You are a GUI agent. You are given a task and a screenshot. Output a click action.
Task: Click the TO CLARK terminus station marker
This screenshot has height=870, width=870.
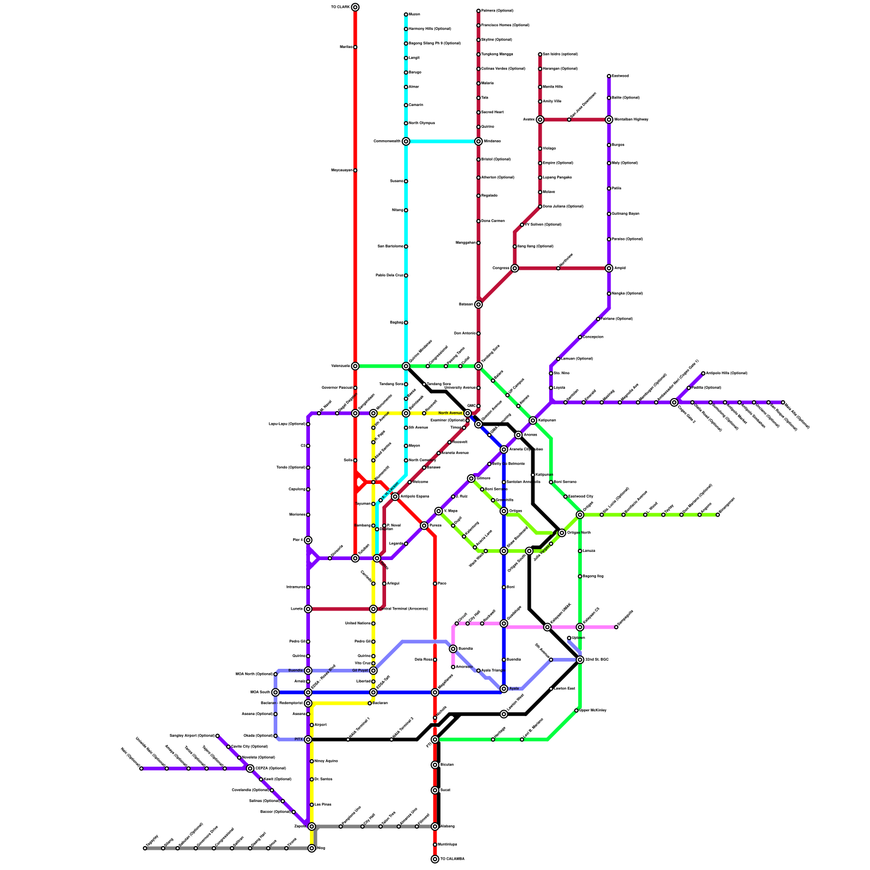pyautogui.click(x=355, y=7)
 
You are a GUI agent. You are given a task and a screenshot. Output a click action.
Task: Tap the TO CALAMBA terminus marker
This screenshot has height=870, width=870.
pyautogui.click(x=435, y=859)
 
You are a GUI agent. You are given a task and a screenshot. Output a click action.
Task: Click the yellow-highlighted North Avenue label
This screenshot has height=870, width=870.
pyautogui.click(x=450, y=413)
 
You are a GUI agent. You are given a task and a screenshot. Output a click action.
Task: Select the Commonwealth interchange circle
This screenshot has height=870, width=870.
pyautogui.click(x=406, y=141)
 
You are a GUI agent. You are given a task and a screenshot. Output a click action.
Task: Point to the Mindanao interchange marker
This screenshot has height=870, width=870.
pyautogui.click(x=478, y=141)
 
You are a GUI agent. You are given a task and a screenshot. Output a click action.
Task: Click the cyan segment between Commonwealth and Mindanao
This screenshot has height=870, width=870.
pyautogui.click(x=442, y=141)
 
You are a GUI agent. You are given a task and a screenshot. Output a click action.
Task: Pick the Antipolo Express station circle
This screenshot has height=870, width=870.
pyautogui.click(x=395, y=496)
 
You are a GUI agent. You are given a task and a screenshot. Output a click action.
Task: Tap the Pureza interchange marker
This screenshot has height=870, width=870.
pyautogui.click(x=424, y=526)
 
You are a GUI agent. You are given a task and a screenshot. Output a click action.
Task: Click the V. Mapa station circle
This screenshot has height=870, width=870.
pyautogui.click(x=439, y=511)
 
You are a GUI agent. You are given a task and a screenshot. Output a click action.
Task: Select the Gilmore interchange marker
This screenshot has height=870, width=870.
pyautogui.click(x=471, y=478)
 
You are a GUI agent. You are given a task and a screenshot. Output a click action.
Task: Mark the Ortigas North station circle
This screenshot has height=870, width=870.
pyautogui.click(x=562, y=533)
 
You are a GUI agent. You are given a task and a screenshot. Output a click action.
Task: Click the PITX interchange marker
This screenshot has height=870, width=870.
pyautogui.click(x=308, y=739)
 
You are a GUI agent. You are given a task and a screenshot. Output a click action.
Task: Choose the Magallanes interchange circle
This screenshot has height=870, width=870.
pyautogui.click(x=435, y=692)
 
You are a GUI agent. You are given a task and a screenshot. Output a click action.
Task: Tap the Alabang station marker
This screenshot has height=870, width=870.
pyautogui.click(x=435, y=826)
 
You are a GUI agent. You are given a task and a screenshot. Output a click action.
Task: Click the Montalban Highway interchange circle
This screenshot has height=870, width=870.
pyautogui.click(x=609, y=120)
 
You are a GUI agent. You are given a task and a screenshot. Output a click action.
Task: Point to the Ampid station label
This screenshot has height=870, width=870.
pyautogui.click(x=620, y=268)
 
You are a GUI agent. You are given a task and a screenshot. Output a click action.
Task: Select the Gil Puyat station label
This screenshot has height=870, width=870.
pyautogui.click(x=361, y=670)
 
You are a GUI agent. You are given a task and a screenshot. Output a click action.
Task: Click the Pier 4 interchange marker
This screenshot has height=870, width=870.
pyautogui.click(x=308, y=540)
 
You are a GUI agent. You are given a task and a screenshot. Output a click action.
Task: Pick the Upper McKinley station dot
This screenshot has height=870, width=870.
pyautogui.click(x=576, y=711)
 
